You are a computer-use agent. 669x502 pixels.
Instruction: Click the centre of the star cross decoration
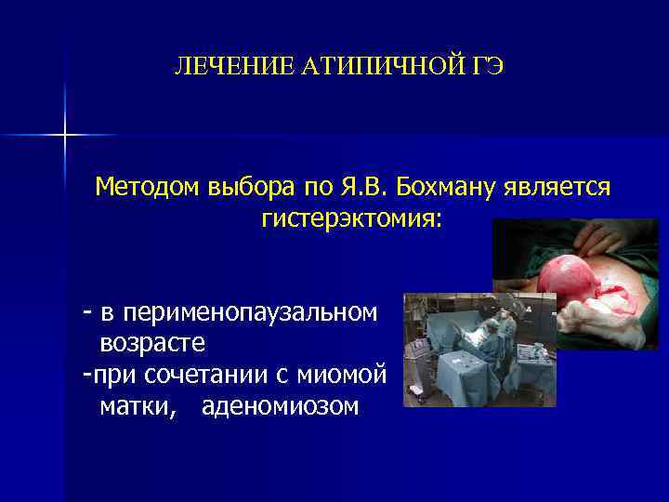pyautogui.click(x=65, y=136)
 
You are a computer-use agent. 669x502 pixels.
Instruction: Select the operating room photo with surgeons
pyautogui.click(x=479, y=350)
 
